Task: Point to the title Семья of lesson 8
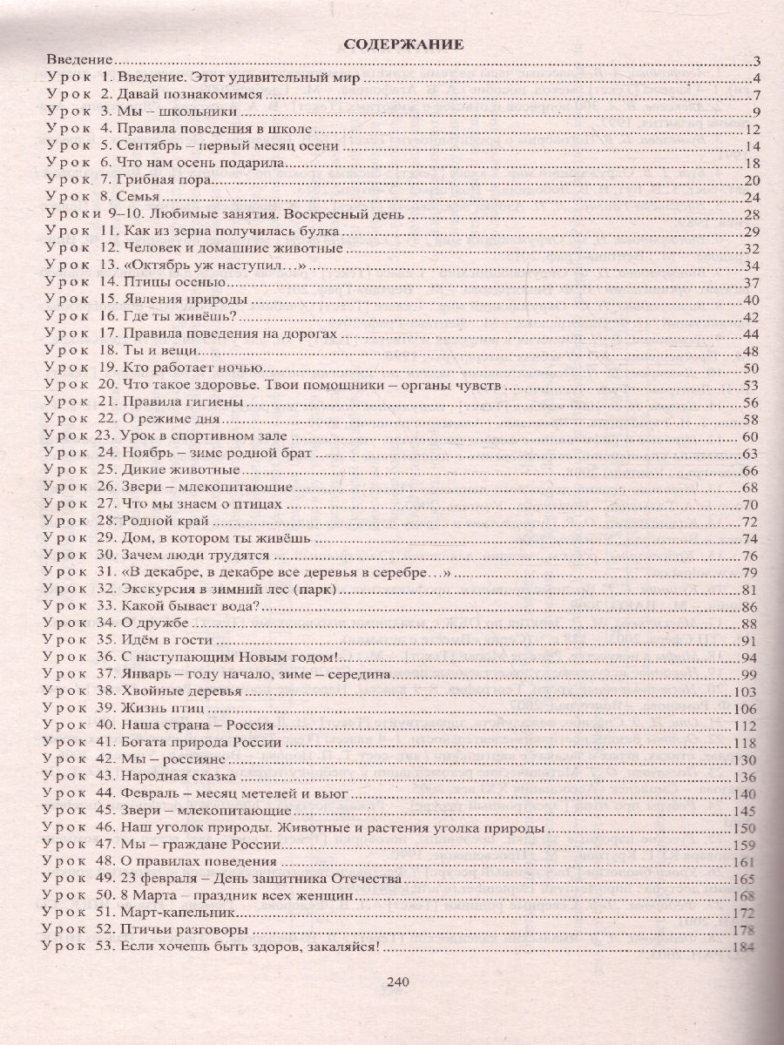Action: pyautogui.click(x=138, y=197)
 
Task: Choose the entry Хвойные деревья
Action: pyautogui.click(x=178, y=691)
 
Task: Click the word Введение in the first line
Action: pyautogui.click(x=80, y=60)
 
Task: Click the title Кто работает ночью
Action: pyautogui.click(x=183, y=367)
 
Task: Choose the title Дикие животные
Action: pyautogui.click(x=180, y=470)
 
